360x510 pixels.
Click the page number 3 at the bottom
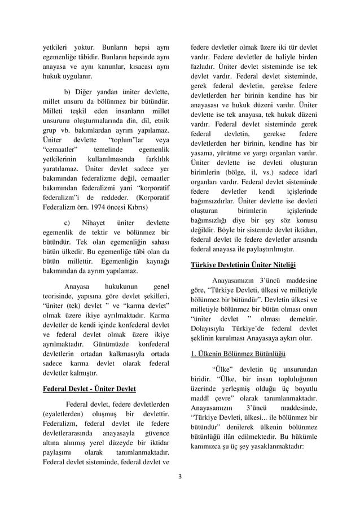tap(180, 475)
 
